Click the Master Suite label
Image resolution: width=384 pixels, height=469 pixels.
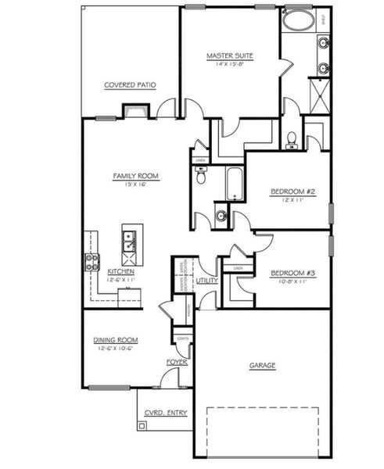click(228, 55)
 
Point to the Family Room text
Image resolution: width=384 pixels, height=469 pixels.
click(135, 177)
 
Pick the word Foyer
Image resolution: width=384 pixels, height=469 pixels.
click(175, 362)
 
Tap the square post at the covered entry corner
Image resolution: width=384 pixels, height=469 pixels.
click(142, 425)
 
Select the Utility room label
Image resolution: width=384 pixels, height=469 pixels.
click(207, 280)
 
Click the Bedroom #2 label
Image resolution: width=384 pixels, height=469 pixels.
click(286, 192)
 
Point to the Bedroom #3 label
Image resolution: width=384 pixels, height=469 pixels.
click(286, 274)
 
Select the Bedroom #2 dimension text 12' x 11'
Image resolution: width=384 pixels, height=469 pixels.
click(286, 200)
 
